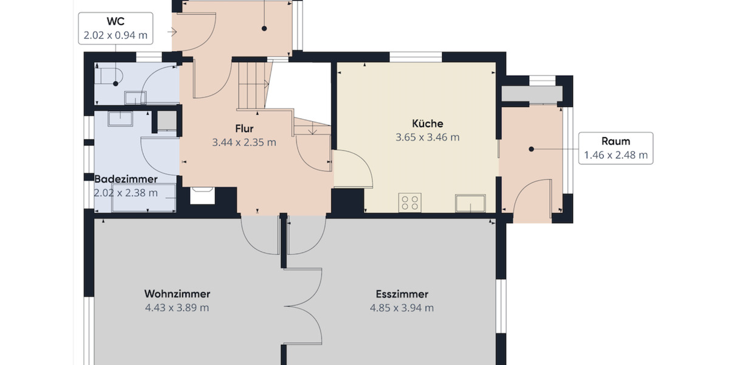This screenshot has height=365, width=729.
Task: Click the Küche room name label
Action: (x=427, y=123)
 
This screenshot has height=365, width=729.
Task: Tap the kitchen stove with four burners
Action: (x=410, y=202)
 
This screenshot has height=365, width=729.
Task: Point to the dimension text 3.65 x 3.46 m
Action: (x=427, y=137)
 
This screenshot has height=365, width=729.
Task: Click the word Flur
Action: (x=244, y=129)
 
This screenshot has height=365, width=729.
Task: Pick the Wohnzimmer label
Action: (x=177, y=294)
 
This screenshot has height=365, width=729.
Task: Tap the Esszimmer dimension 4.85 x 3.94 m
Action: (x=402, y=308)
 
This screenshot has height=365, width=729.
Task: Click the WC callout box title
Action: (x=116, y=22)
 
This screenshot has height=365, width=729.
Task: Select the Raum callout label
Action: (x=615, y=141)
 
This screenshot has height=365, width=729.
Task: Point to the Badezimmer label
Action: (x=126, y=179)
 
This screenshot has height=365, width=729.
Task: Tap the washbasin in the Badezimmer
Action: (x=120, y=118)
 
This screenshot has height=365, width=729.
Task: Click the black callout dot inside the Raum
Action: (x=531, y=149)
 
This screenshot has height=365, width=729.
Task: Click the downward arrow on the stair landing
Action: (x=312, y=128)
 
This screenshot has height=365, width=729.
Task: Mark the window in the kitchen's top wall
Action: (x=416, y=57)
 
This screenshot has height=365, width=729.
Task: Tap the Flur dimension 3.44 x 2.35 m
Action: (x=244, y=143)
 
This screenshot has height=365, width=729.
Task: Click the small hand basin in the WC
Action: (x=132, y=97)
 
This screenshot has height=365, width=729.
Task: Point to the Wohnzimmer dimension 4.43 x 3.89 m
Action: (x=177, y=308)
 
